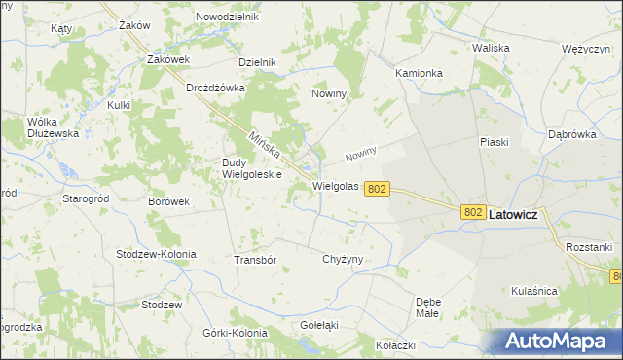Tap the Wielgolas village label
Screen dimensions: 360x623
[336, 185]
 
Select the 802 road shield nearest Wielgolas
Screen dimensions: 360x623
[379, 190]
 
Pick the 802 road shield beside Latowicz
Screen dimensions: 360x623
[474, 212]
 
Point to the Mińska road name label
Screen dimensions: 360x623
[264, 147]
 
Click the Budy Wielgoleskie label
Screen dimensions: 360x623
[252, 168]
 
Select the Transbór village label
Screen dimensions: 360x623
[256, 260]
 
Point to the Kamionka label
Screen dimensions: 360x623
[420, 73]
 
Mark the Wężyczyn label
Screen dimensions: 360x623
[585, 49]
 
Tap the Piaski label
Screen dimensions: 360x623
[495, 142]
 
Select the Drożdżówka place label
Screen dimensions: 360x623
[215, 88]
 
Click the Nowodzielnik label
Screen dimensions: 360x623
[227, 18]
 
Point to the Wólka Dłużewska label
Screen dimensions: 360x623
[53, 127]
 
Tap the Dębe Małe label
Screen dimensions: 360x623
[428, 307]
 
